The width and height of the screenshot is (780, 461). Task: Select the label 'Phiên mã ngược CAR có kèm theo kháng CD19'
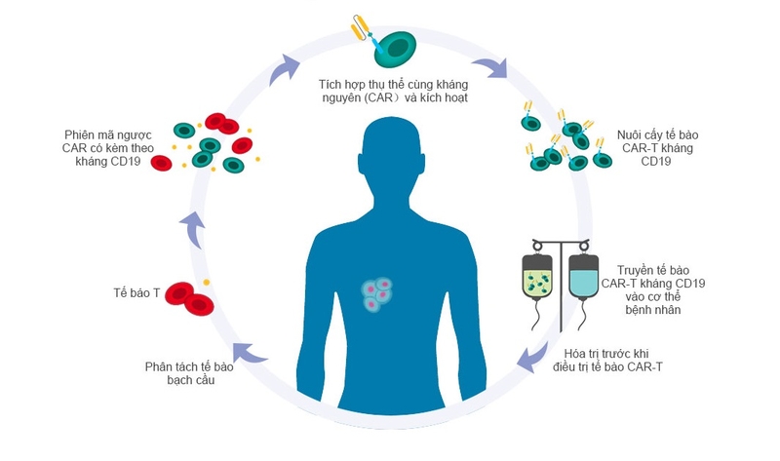click(106, 147)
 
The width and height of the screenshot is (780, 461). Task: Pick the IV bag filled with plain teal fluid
click(583, 279)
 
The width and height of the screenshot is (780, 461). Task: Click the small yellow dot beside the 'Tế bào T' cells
click(208, 284)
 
